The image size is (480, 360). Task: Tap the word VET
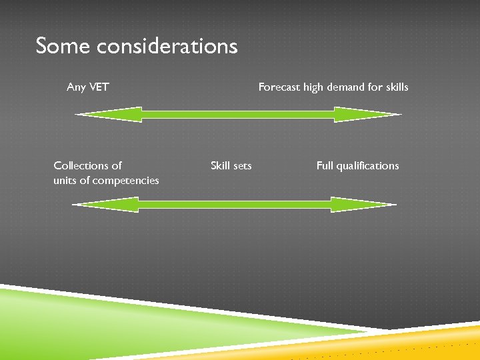(98, 87)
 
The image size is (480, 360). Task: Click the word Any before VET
(76, 87)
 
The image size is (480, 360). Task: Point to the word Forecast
(279, 87)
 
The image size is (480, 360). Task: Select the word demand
(348, 87)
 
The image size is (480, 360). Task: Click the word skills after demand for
(395, 87)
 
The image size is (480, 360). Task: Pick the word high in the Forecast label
(314, 87)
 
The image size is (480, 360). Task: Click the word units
(65, 180)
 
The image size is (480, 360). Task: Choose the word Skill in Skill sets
(221, 165)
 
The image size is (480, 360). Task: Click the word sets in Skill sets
(243, 165)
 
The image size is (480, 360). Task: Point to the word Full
(325, 165)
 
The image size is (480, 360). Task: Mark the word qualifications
(367, 165)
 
